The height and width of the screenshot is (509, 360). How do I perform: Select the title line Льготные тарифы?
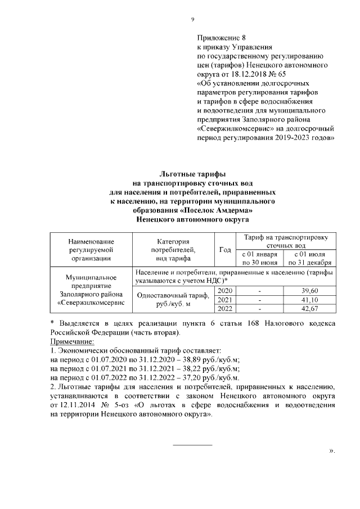pos(192,174)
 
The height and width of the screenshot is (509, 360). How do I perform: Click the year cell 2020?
pos(224,290)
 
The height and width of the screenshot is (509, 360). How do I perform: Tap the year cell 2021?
pos(224,300)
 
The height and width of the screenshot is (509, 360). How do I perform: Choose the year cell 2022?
pos(224,309)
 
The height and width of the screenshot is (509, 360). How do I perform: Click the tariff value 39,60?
pos(310,290)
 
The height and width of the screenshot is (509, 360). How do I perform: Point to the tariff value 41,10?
pos(310,300)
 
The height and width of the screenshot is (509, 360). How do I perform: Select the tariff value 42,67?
pos(310,309)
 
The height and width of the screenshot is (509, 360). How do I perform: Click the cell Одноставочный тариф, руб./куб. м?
pos(173,299)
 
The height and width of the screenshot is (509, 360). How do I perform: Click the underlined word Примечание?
pos(72,341)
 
